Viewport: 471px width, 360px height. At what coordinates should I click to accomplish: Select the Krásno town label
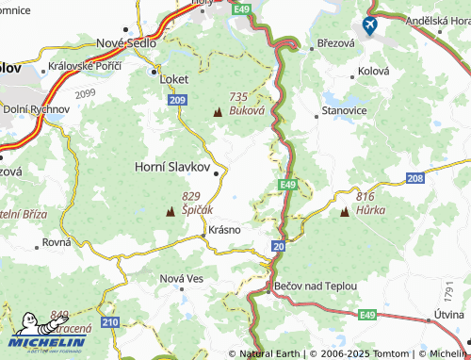pos(225,229)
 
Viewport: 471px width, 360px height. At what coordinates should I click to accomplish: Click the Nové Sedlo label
pos(125,42)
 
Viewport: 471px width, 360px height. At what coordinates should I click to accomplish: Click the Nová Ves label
pos(182,278)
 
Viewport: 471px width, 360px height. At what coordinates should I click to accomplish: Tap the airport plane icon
pos(369,25)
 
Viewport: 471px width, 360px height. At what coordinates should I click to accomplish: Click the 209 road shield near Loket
pos(179,98)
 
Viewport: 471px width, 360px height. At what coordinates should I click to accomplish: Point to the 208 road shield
pos(415,177)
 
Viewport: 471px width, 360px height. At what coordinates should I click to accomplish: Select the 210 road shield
pos(110,322)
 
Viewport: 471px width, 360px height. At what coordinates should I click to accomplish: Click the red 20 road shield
pos(278,245)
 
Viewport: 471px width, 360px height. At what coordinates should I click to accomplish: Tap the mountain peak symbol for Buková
pos(218,113)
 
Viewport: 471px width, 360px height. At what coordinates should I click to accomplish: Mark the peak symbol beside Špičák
pos(171,211)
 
